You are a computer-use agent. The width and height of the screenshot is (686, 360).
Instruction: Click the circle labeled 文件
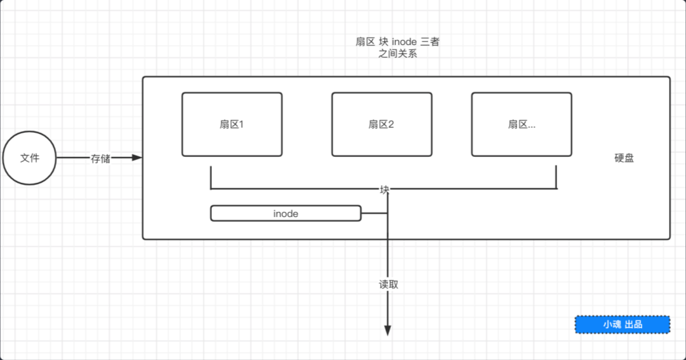[x=30, y=158]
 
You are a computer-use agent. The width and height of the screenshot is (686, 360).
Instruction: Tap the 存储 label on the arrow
[x=100, y=159]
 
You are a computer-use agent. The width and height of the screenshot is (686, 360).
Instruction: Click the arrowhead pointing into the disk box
[x=136, y=157]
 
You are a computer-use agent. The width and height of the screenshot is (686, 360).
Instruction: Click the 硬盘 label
[x=624, y=158]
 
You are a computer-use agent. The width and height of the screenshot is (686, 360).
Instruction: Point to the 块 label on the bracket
[x=385, y=189]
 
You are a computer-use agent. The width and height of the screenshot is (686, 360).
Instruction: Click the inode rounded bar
[x=286, y=213]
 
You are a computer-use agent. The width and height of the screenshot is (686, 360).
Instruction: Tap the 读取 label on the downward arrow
[x=388, y=284]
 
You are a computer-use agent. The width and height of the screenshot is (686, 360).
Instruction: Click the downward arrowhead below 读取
[x=388, y=330]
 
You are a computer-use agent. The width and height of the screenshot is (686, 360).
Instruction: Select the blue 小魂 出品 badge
[x=623, y=324]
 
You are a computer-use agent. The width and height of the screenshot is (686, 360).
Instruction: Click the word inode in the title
[x=400, y=42]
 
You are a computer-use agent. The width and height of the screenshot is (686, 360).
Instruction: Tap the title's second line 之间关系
[x=397, y=54]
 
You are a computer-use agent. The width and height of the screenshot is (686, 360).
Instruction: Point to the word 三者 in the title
[x=430, y=42]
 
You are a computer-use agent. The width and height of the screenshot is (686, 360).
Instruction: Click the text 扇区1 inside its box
[x=232, y=124]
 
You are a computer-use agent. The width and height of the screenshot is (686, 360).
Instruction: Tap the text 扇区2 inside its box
[x=381, y=124]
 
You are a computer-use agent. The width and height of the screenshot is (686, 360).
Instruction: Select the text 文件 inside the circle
[x=30, y=158]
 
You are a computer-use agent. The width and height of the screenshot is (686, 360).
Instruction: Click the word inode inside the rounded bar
[x=286, y=214]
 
